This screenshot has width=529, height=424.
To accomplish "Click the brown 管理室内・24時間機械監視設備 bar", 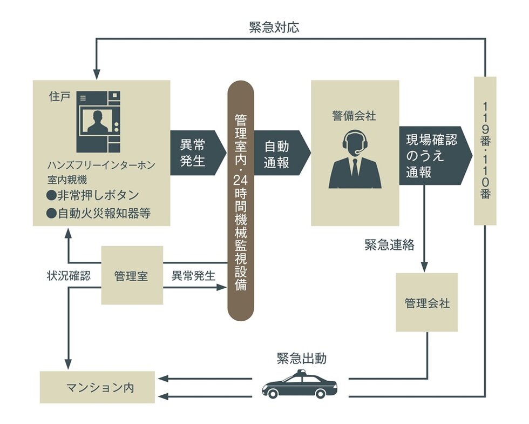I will (x=241, y=200).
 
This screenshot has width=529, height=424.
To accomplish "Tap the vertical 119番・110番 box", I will (x=485, y=150).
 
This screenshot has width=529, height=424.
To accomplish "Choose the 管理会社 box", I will (x=426, y=302).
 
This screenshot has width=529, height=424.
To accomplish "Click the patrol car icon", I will (x=300, y=385).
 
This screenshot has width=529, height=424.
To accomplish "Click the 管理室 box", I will (x=132, y=275).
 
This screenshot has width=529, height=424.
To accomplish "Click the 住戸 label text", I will (x=57, y=101).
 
